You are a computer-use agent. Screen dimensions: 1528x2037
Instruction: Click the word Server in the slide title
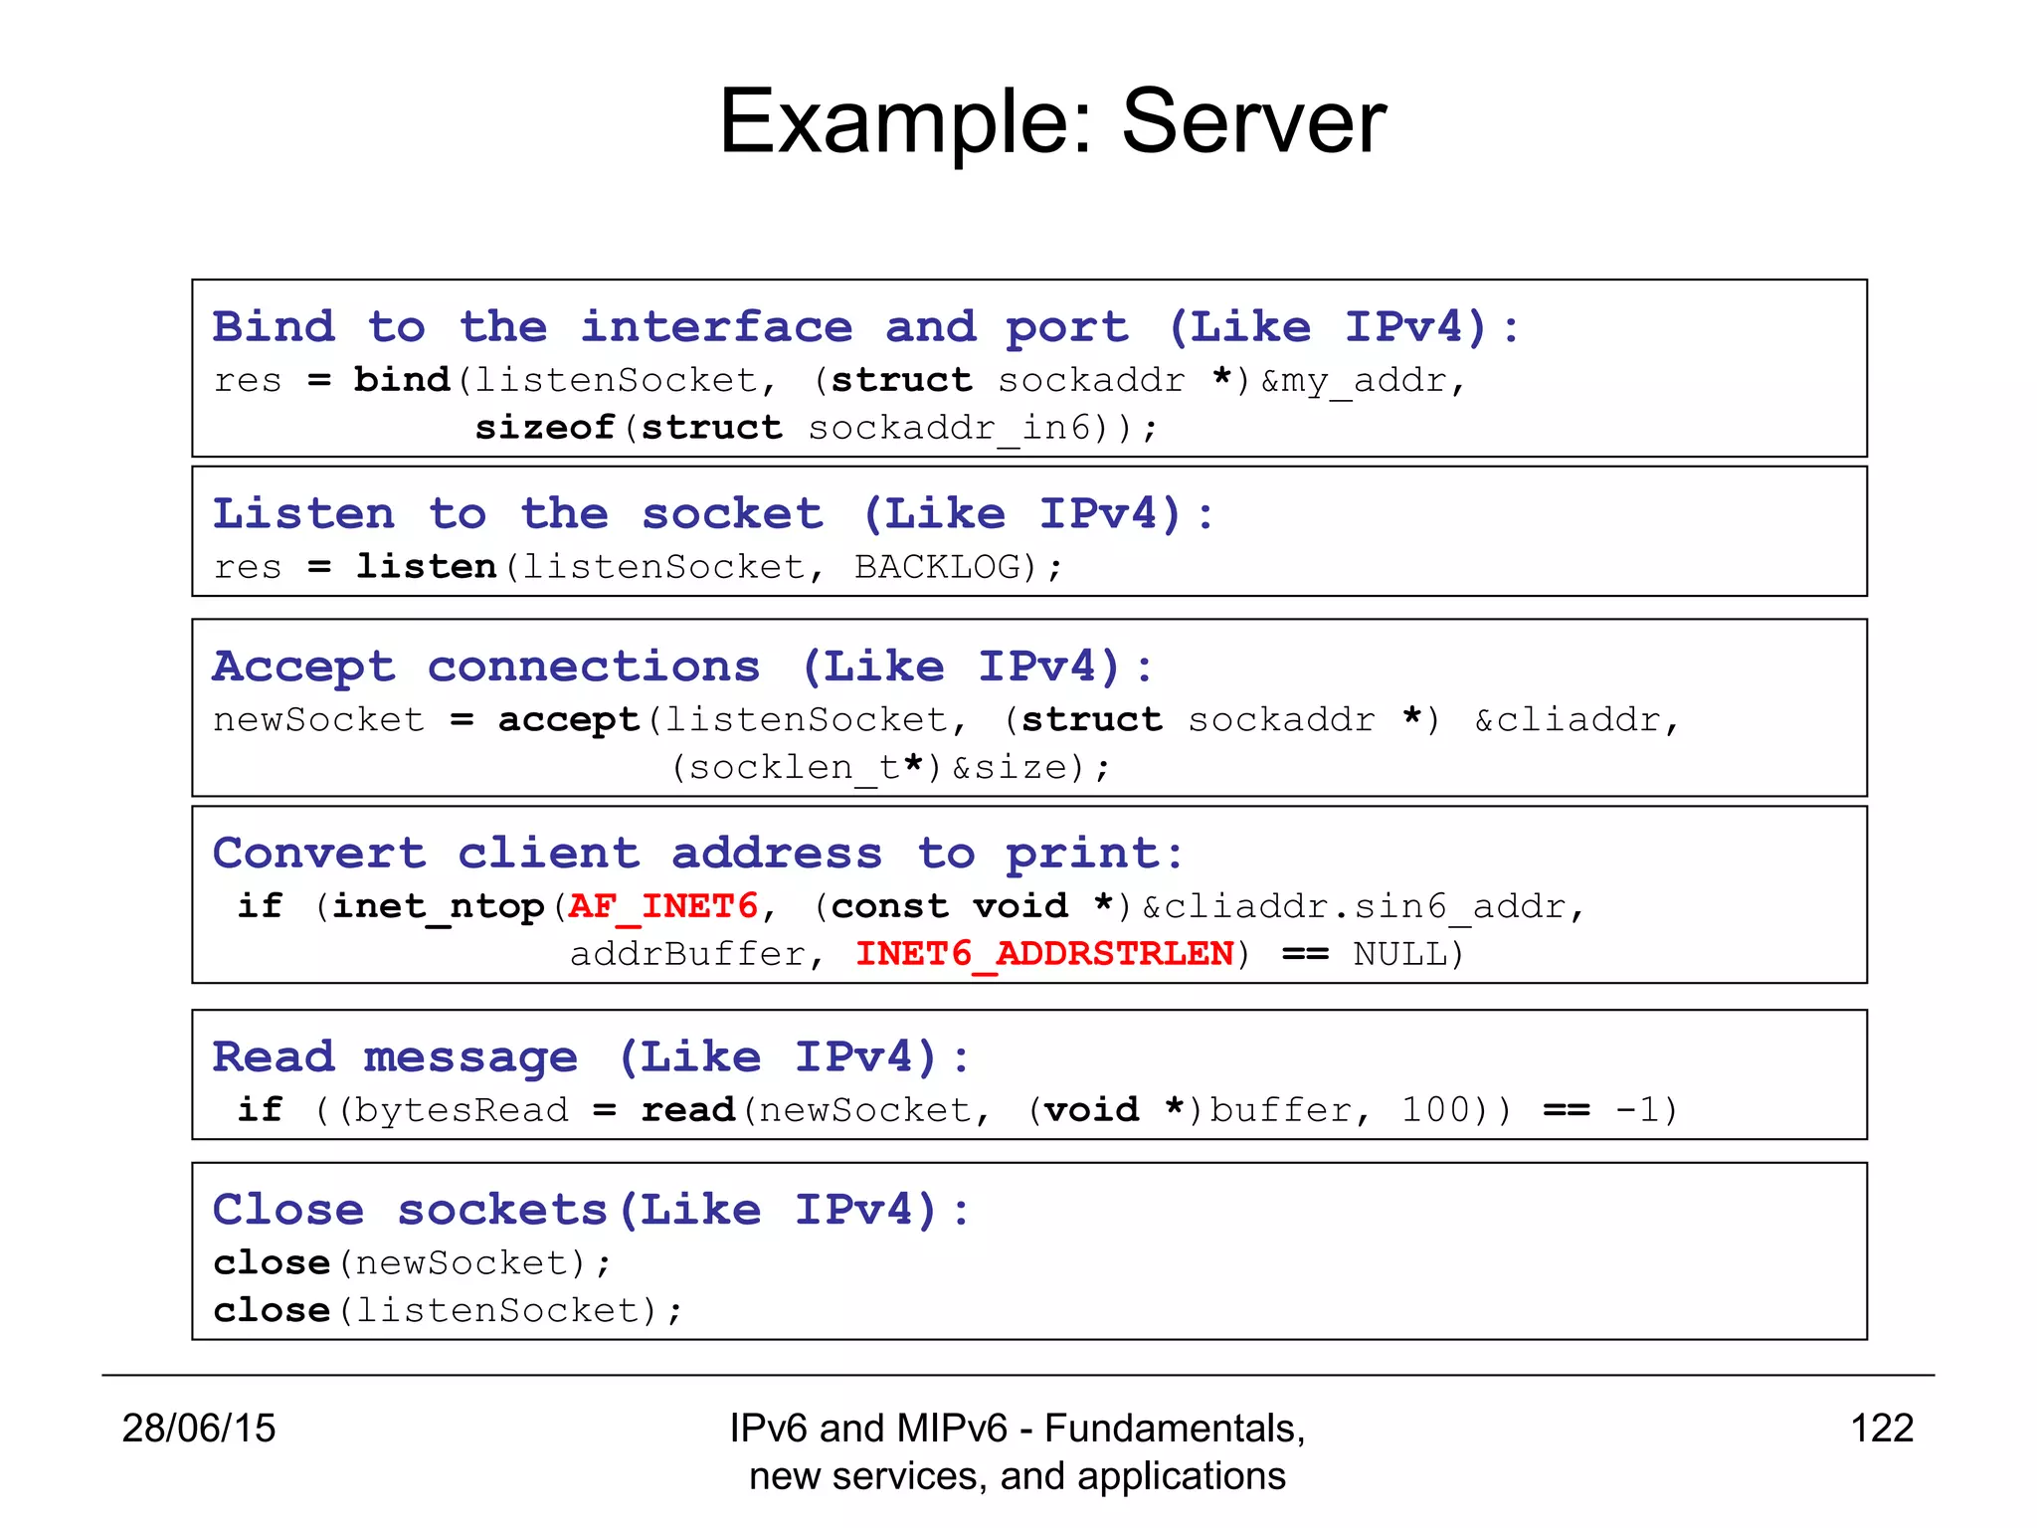pos(1253,121)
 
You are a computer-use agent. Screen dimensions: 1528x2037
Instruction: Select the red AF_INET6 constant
pos(663,905)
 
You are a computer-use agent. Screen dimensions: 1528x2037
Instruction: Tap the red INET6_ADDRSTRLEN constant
pos(1044,953)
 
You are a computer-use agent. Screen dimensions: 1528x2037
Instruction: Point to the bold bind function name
pos(402,379)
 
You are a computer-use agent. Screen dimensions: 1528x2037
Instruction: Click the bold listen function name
pos(427,566)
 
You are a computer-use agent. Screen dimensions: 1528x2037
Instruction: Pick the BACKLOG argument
pos(938,566)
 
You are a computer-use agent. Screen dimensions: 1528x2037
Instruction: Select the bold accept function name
pos(569,719)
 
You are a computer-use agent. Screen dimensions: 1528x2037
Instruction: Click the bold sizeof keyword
pos(544,427)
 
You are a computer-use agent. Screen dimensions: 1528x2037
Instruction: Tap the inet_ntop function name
pos(438,906)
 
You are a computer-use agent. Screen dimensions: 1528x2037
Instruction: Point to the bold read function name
pos(688,1109)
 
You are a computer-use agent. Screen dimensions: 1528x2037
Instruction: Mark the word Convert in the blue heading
pos(319,853)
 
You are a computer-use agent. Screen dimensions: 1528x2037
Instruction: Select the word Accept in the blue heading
pos(303,667)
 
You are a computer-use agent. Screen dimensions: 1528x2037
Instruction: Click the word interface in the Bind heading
pos(716,327)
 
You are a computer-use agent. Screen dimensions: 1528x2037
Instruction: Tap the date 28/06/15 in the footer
pos(199,1428)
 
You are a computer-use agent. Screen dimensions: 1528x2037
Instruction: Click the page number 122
pos(1882,1428)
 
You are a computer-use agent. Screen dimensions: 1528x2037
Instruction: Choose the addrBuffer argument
pos(687,953)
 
